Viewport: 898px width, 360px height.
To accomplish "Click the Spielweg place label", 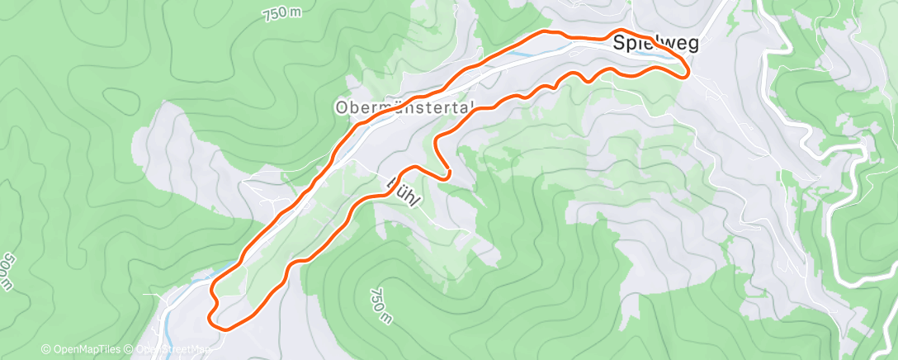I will (655, 46).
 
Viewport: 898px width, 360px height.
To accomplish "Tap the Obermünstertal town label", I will (404, 107).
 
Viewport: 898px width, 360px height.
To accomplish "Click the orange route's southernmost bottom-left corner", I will (221, 325).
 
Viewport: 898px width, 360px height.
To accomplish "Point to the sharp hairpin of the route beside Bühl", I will (447, 173).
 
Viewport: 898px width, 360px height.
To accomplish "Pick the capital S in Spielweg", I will (619, 46).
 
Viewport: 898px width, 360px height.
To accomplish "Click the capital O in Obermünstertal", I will (341, 107).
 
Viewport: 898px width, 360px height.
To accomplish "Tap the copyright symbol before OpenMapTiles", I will (46, 349).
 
